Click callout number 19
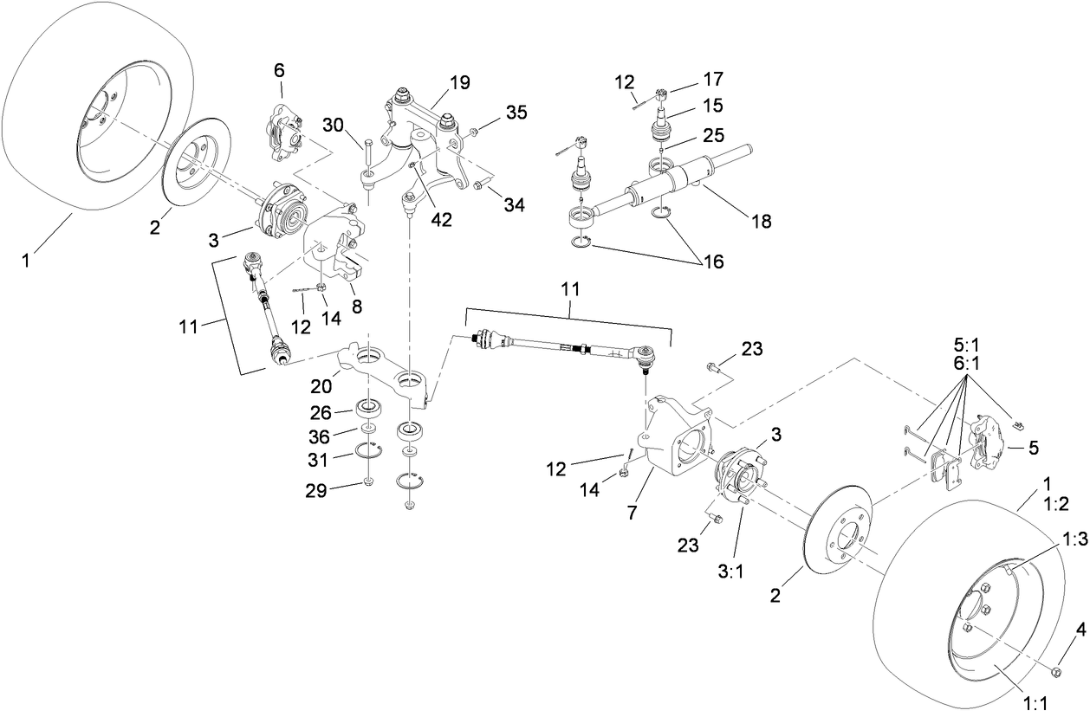pyautogui.click(x=459, y=83)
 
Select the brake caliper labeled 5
pyautogui.click(x=989, y=442)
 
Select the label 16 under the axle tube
pyautogui.click(x=712, y=261)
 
